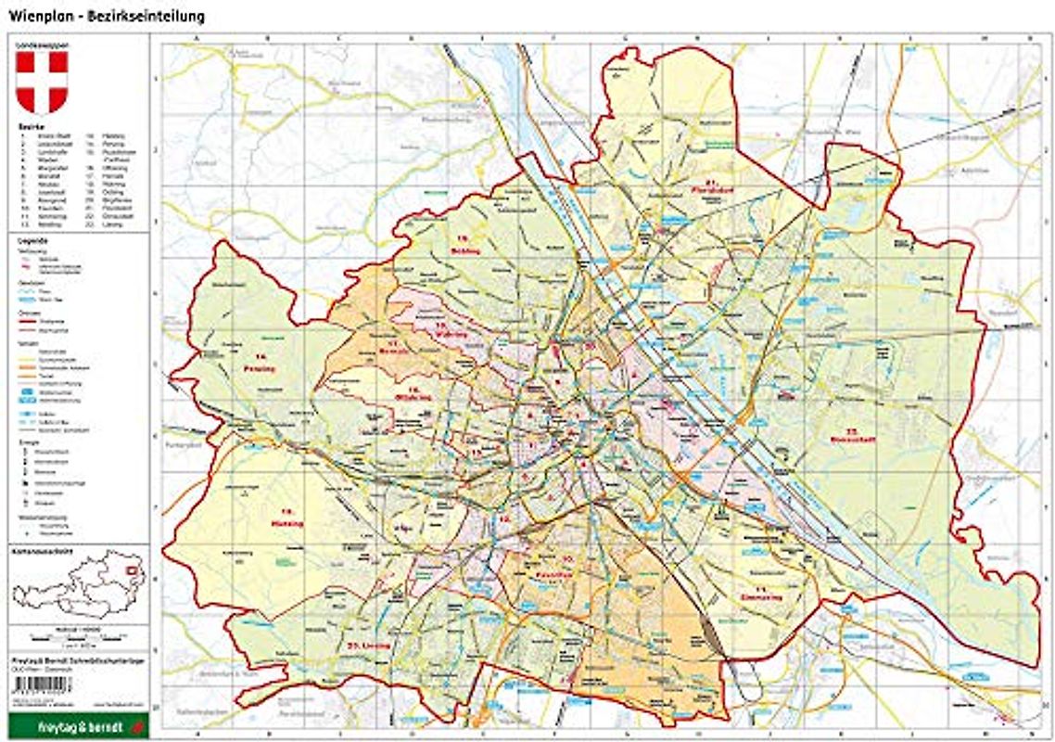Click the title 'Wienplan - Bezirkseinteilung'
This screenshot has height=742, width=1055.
tap(108, 17)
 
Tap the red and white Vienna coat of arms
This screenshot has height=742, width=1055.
tap(43, 82)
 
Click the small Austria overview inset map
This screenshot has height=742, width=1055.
tap(78, 583)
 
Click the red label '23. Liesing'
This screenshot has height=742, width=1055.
tap(366, 644)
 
